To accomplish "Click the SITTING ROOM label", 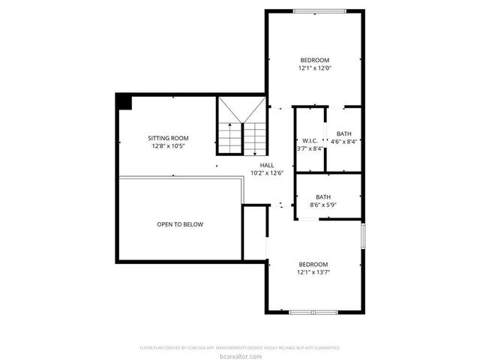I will click(167, 138).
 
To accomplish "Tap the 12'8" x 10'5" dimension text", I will click(167, 146).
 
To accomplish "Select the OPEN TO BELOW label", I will click(179, 224).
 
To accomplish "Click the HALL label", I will click(267, 165).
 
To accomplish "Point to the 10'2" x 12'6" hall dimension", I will click(267, 173).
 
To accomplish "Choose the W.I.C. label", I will click(310, 140).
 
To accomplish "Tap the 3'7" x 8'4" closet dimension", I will click(310, 148).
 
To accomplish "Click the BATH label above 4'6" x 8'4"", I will click(343, 133).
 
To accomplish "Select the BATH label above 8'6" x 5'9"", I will click(322, 196).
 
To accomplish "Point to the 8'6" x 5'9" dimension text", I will click(322, 205).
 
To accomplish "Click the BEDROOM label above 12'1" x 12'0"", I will click(314, 60).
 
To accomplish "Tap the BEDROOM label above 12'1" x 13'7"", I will click(313, 264).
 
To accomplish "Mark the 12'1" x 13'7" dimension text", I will click(313, 272).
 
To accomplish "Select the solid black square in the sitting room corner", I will click(123, 101).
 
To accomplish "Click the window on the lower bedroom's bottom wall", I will click(313, 311).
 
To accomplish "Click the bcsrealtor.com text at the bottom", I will click(240, 355).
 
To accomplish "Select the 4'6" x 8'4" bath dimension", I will click(344, 141).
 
